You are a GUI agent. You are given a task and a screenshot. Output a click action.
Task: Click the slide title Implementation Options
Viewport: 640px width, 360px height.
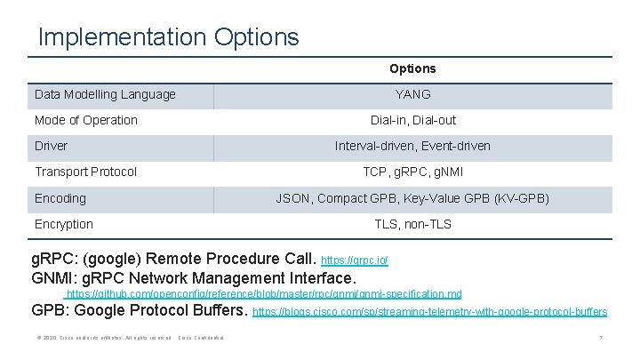pos(169,37)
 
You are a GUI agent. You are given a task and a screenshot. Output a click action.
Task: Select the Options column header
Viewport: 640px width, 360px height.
pos(412,68)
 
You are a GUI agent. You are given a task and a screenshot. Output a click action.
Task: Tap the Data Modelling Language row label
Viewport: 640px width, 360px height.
pos(105,94)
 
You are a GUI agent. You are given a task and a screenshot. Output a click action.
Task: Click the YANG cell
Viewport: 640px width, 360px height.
pos(412,94)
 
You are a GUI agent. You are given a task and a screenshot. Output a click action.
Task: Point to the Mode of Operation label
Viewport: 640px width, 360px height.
pos(86,120)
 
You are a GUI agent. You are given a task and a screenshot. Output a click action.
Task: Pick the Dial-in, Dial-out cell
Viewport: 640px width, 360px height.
pos(412,120)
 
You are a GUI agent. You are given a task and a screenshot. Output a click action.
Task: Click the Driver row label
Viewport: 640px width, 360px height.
pos(51,146)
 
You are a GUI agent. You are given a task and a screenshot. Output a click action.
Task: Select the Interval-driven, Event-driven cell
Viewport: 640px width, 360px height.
pos(412,146)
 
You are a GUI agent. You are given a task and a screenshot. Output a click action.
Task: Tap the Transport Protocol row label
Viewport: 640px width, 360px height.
pos(85,172)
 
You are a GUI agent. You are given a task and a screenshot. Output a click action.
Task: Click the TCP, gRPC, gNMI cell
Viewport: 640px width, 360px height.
pos(412,172)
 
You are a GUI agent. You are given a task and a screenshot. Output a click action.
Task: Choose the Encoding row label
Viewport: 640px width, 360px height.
pos(60,198)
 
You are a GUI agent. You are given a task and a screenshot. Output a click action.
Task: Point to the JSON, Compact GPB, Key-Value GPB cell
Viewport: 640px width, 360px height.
pos(412,198)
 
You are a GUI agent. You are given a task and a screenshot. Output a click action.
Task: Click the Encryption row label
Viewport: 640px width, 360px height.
pos(63,224)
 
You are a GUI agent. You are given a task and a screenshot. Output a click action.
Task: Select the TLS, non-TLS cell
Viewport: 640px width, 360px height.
pos(412,224)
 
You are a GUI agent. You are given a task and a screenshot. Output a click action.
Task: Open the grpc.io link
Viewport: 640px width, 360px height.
pos(354,261)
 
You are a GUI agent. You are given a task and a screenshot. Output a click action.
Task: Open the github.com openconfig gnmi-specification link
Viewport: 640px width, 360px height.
pos(264,293)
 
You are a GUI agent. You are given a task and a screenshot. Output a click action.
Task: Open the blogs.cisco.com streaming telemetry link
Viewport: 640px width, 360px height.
pos(430,312)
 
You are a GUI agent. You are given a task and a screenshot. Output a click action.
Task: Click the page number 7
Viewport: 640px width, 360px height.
pos(601,339)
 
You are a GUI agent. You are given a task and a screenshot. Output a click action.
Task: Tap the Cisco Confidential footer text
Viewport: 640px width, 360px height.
pos(201,339)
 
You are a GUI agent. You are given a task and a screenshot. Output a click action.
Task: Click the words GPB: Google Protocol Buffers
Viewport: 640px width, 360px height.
pos(140,310)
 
